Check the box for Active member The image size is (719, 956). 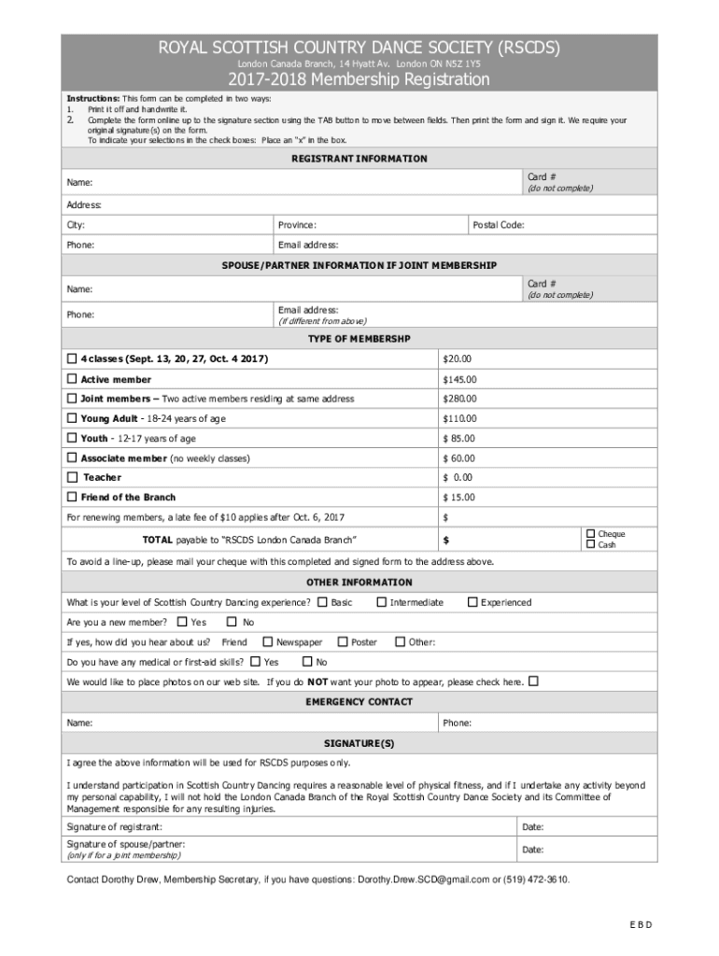click(x=72, y=380)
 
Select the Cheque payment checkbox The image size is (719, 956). click(x=589, y=534)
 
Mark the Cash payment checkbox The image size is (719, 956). click(x=589, y=544)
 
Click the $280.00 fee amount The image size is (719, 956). click(x=459, y=400)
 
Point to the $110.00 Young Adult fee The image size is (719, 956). click(x=459, y=419)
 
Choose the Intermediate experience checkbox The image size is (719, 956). click(x=381, y=602)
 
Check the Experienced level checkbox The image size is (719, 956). click(x=472, y=602)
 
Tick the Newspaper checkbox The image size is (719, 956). click(x=268, y=641)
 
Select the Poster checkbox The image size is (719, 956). click(x=343, y=641)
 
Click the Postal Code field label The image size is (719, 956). click(x=499, y=225)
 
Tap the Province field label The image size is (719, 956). click(x=297, y=225)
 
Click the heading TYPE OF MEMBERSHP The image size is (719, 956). click(x=359, y=339)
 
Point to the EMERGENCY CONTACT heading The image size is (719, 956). click(x=359, y=702)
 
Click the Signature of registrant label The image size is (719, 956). click(x=114, y=827)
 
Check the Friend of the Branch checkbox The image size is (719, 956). click(x=72, y=498)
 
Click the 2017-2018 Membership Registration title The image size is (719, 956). click(x=359, y=80)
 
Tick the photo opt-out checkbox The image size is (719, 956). click(x=534, y=681)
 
